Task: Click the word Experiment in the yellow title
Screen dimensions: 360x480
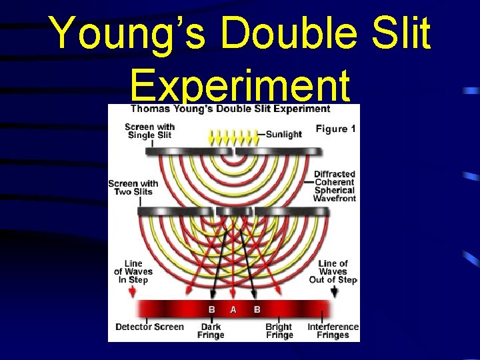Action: [x=240, y=87]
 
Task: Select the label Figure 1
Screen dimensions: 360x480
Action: [x=335, y=129]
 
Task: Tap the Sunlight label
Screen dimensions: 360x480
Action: [x=283, y=134]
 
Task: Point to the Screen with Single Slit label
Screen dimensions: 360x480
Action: [x=150, y=131]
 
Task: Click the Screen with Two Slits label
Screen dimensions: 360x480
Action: [x=133, y=187]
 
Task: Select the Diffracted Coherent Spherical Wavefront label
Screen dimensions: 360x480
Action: [x=335, y=186]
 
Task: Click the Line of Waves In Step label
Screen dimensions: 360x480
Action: [x=133, y=271]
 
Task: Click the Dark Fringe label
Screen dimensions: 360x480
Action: [x=211, y=331]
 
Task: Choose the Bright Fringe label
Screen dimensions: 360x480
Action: [x=279, y=331]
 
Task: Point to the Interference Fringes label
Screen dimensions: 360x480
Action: [x=333, y=331]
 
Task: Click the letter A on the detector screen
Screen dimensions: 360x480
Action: [x=233, y=310]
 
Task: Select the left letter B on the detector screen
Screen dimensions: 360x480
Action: [x=212, y=310]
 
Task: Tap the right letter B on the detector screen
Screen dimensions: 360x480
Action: [x=257, y=310]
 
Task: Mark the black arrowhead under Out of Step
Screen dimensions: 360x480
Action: [x=335, y=292]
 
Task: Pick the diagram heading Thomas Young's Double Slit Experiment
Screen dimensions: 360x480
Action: [x=230, y=109]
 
